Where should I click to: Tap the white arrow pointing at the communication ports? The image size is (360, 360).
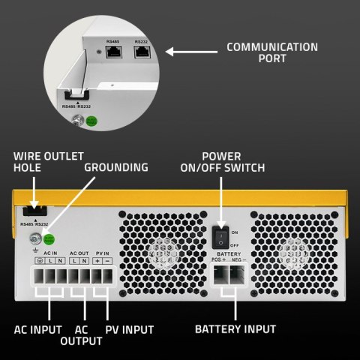tap(190, 52)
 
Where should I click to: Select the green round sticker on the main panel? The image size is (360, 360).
tap(49, 240)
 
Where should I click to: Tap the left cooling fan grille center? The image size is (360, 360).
tap(160, 253)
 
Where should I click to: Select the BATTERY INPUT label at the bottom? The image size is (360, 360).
tap(235, 328)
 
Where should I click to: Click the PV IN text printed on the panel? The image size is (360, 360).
tap(103, 252)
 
